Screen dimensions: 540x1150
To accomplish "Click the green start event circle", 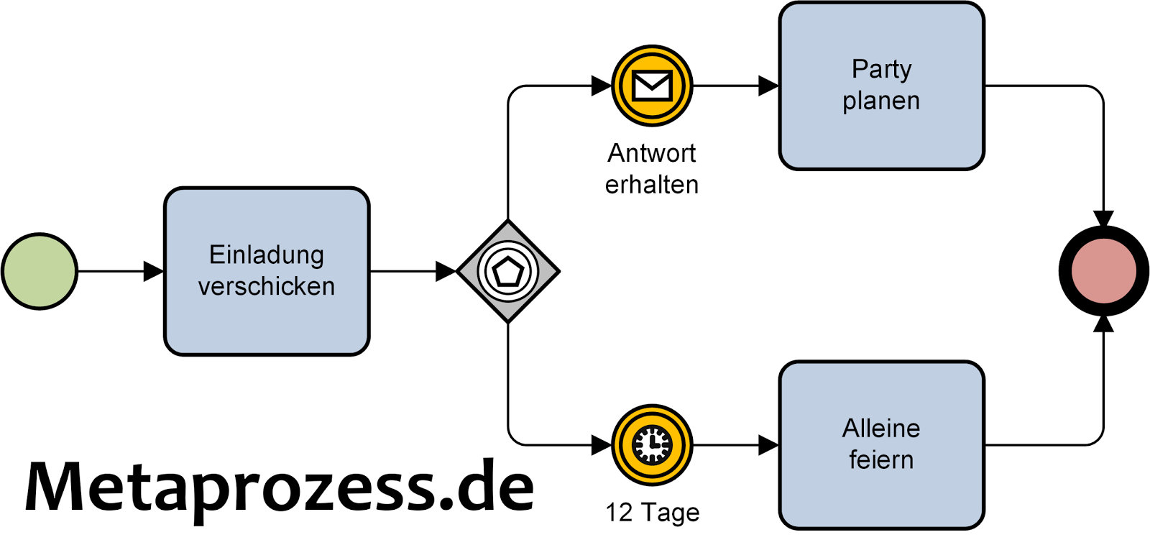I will [x=40, y=271].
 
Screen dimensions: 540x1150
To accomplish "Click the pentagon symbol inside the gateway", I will [x=508, y=272].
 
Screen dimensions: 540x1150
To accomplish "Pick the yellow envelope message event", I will [x=652, y=86].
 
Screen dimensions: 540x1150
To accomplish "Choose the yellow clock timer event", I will [x=652, y=445].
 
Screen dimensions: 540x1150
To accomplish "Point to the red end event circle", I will [x=1104, y=271].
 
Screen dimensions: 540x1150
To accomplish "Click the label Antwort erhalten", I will [x=652, y=169].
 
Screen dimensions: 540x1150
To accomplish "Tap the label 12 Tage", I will [x=652, y=513].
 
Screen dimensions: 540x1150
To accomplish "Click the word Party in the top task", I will [x=881, y=70].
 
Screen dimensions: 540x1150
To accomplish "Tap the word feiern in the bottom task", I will [x=881, y=460].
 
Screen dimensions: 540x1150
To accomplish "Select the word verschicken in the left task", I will [x=267, y=287].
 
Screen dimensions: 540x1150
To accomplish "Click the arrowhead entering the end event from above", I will [x=1104, y=218].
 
